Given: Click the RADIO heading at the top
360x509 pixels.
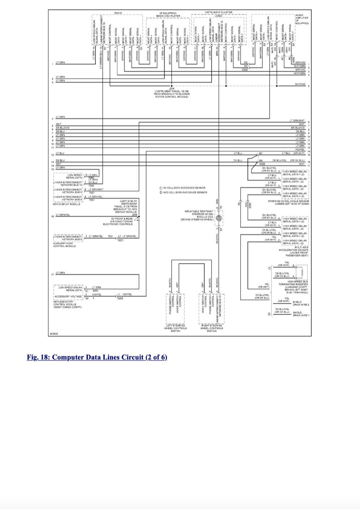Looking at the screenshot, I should pyautogui.click(x=118, y=13).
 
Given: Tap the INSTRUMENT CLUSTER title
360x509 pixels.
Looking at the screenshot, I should pyautogui.click(x=218, y=12).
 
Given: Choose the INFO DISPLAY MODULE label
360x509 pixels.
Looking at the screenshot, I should pyautogui.click(x=67, y=204).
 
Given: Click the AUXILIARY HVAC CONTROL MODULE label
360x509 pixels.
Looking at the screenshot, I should pyautogui.click(x=63, y=245).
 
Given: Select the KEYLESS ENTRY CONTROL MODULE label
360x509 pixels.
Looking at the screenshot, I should pyautogui.click(x=68, y=304).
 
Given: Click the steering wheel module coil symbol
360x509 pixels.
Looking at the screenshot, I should pyautogui.click(x=219, y=218).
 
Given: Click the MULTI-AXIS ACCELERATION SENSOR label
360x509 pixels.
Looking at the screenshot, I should pyautogui.click(x=293, y=251).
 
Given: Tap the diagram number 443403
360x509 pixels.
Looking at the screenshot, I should pyautogui.click(x=53, y=333).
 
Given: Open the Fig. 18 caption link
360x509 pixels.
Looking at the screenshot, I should pyautogui.click(x=97, y=358).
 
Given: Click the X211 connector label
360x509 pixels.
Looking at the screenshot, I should pyautogui.click(x=120, y=240).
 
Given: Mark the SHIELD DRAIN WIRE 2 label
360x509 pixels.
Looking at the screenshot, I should pyautogui.click(x=301, y=303).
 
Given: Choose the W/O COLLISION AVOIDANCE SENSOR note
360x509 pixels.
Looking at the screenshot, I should pyautogui.click(x=183, y=192).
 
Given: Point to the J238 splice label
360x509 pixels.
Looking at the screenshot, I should pyautogui.click(x=135, y=214).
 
